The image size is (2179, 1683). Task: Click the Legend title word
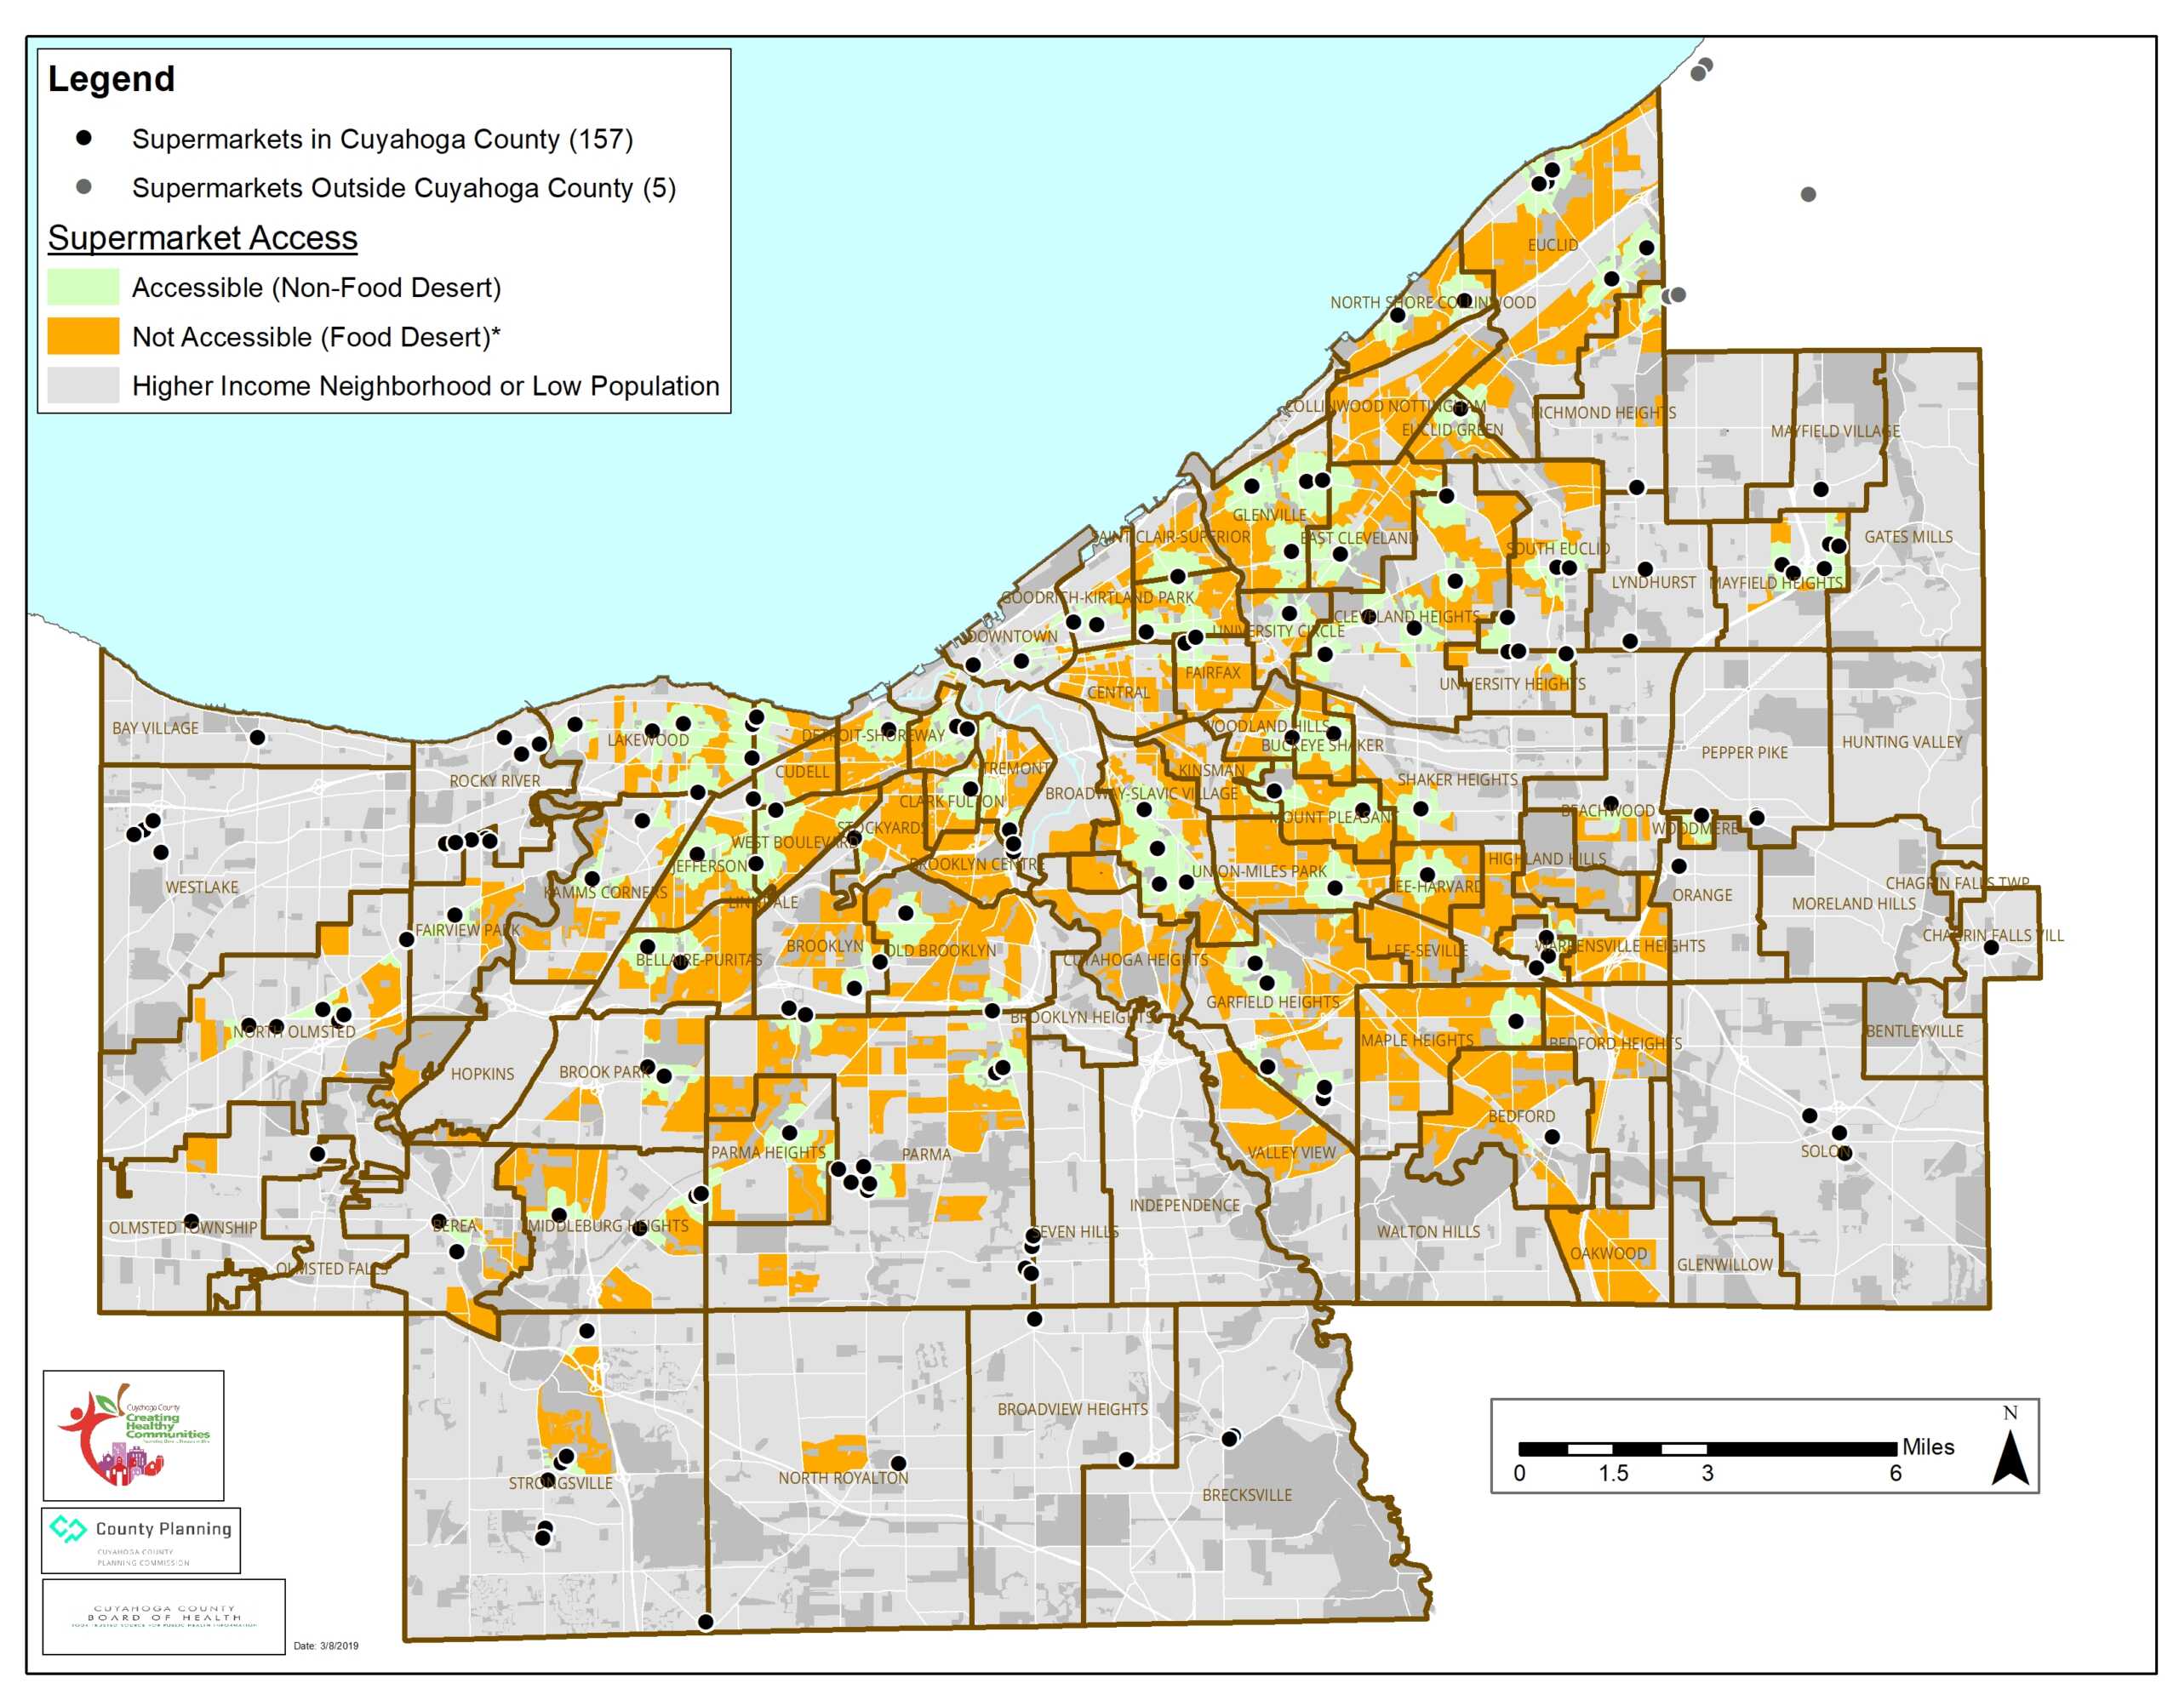[111, 79]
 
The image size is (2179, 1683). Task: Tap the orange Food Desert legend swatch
[83, 336]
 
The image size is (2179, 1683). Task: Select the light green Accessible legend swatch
[83, 288]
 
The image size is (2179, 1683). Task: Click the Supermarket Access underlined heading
[203, 237]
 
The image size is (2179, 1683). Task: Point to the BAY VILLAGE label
[155, 728]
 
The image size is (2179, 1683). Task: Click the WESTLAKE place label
[202, 887]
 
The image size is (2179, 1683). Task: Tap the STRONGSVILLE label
[561, 1484]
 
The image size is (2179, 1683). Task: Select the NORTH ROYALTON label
[843, 1477]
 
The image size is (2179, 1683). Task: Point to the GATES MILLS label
[1907, 537]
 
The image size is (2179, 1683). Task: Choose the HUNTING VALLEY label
[1901, 742]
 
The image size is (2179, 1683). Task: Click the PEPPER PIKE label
[1744, 752]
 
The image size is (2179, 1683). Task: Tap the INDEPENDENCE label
[1184, 1205]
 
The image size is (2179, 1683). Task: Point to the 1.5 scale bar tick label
[1612, 1473]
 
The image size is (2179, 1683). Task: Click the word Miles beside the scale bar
[1928, 1446]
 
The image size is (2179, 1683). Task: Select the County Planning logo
[140, 1538]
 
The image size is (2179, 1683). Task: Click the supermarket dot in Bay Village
[257, 737]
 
